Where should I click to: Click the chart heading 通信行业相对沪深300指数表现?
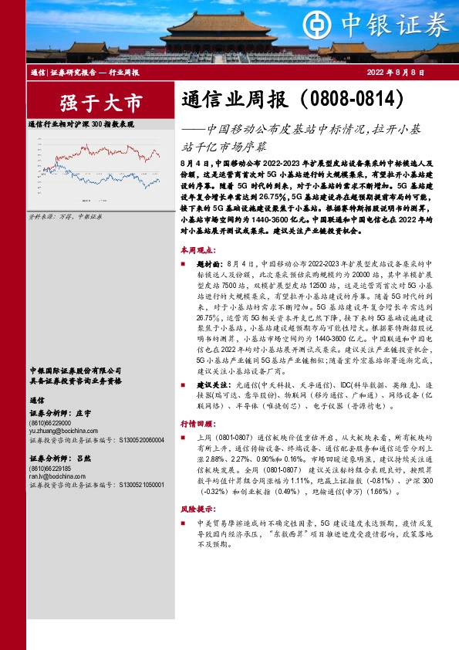(81, 124)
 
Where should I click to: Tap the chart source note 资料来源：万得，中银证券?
(59, 218)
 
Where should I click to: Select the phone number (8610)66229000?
(50, 425)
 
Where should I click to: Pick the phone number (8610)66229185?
(50, 469)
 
